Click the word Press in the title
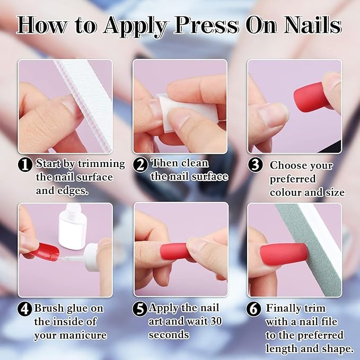click(x=206, y=25)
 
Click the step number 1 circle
click(x=25, y=164)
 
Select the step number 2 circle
click(x=140, y=164)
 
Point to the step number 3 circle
click(x=255, y=165)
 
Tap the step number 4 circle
click(x=24, y=309)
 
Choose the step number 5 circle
click(x=139, y=309)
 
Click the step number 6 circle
click(x=253, y=309)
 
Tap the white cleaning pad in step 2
click(x=187, y=112)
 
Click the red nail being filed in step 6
click(x=284, y=254)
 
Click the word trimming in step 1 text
click(x=102, y=164)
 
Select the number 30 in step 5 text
click(x=216, y=321)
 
